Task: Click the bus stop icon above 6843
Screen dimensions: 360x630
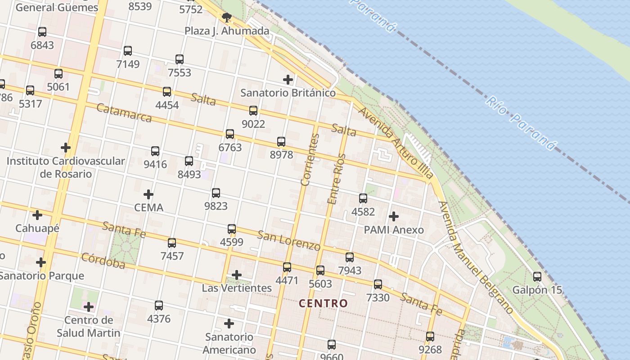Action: tap(42, 32)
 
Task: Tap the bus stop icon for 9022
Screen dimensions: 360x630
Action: tap(253, 111)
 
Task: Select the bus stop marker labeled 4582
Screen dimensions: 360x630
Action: tap(363, 198)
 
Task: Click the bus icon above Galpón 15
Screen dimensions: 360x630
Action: tap(537, 277)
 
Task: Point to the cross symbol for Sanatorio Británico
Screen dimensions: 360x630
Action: tap(288, 80)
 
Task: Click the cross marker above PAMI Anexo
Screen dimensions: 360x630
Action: tap(394, 216)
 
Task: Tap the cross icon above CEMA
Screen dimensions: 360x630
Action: tap(148, 194)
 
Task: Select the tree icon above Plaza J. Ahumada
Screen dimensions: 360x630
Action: tap(227, 18)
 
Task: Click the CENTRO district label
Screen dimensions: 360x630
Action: tap(324, 303)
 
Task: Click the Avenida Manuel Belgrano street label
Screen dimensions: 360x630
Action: tap(476, 257)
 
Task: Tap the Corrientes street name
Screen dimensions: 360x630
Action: tap(310, 160)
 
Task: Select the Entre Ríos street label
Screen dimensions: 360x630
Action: tap(337, 179)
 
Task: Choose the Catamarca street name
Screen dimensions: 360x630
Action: tap(124, 113)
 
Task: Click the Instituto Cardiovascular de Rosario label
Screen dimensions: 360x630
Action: tap(66, 167)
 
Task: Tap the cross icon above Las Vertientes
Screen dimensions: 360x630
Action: tap(237, 275)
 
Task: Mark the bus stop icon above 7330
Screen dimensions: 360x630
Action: tap(378, 284)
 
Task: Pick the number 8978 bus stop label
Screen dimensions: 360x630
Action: tap(281, 155)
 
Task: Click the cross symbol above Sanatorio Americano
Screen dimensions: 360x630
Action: tap(229, 324)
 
